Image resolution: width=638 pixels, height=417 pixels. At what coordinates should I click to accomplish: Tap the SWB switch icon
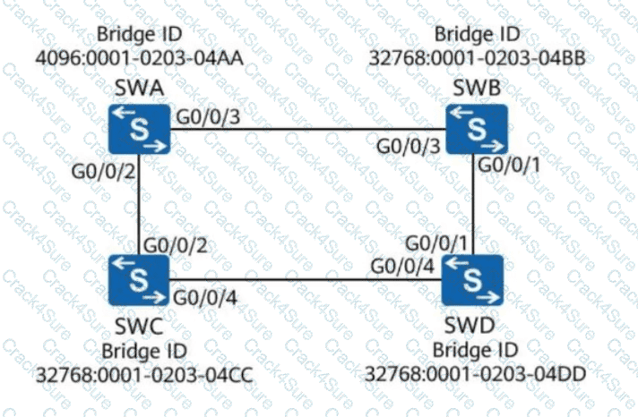coord(477,128)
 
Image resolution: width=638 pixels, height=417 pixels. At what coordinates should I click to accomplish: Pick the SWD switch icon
coord(473,279)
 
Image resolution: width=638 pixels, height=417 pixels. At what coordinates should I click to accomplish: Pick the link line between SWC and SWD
coord(305,280)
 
